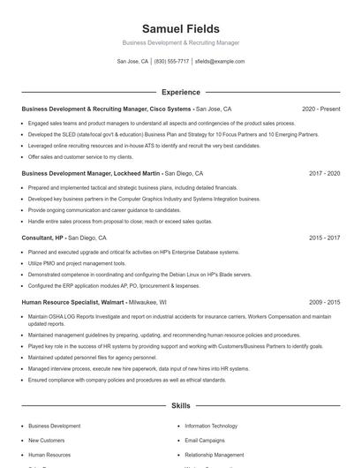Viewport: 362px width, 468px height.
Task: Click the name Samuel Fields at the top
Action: click(x=180, y=29)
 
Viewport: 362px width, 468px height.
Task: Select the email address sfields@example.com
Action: click(x=219, y=62)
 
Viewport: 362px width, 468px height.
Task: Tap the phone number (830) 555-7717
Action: click(x=171, y=62)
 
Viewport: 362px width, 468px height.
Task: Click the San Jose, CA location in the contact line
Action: click(x=132, y=62)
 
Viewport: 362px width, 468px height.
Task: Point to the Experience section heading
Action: click(x=180, y=92)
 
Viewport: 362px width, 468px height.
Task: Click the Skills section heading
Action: click(x=180, y=405)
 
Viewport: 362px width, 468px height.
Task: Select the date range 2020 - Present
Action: click(x=321, y=109)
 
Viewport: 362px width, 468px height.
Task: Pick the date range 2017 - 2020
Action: click(x=324, y=174)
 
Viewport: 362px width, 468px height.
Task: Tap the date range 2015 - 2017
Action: click(x=324, y=238)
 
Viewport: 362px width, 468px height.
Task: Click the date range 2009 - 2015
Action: click(x=324, y=302)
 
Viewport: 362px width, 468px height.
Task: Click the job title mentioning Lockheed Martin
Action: click(x=91, y=174)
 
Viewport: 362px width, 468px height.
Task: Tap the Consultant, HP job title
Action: click(x=42, y=238)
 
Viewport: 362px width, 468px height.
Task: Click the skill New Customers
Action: click(x=46, y=440)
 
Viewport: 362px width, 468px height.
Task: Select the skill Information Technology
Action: click(x=211, y=426)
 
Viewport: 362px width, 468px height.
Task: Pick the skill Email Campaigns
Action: click(x=205, y=440)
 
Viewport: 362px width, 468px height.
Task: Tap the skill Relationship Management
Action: click(x=215, y=455)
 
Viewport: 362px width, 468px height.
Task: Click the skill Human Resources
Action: click(x=49, y=455)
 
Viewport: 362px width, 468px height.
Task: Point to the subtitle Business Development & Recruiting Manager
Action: click(x=180, y=42)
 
